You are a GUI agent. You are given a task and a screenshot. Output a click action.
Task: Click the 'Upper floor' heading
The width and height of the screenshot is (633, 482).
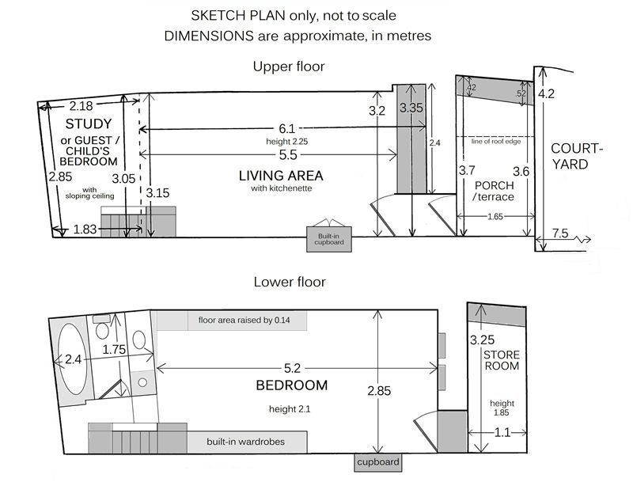[289, 66]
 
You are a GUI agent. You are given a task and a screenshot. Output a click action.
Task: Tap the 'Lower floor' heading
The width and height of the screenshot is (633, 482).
[290, 282]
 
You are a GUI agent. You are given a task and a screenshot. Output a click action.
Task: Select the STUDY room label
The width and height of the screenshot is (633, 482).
[89, 123]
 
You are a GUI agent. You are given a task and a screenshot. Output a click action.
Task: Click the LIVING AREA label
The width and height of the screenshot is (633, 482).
[281, 176]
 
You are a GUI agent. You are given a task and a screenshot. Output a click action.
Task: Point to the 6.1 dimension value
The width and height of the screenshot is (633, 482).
[287, 129]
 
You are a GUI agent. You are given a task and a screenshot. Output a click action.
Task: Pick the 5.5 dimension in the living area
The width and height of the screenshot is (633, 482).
[288, 155]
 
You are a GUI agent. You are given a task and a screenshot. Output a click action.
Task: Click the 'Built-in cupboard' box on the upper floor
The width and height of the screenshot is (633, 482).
[329, 239]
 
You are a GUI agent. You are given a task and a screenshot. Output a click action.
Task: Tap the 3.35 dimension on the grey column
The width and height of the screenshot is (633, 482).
[411, 108]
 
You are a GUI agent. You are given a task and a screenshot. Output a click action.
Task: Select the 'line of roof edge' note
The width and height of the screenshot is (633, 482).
[496, 142]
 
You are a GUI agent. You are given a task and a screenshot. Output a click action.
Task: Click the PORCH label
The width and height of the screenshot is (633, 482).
[494, 185]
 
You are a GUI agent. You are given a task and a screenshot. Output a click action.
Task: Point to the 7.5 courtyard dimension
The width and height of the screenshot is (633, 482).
[560, 233]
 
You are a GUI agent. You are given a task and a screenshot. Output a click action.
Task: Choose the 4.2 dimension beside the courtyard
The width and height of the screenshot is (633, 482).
[546, 94]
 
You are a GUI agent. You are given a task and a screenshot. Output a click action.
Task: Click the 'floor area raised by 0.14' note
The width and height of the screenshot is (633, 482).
[244, 320]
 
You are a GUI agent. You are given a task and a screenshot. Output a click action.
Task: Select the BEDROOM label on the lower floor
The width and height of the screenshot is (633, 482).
[291, 385]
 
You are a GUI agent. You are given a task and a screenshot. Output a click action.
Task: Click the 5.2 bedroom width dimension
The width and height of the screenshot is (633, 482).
[292, 368]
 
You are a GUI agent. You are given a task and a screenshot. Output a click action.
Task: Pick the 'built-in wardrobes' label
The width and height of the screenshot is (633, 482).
[245, 442]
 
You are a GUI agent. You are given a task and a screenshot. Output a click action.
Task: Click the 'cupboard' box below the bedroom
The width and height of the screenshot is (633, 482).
[378, 462]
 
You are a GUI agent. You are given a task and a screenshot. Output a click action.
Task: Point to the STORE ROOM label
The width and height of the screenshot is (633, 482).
[502, 360]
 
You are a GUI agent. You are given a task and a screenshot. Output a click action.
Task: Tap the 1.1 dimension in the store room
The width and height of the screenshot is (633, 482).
[502, 433]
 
